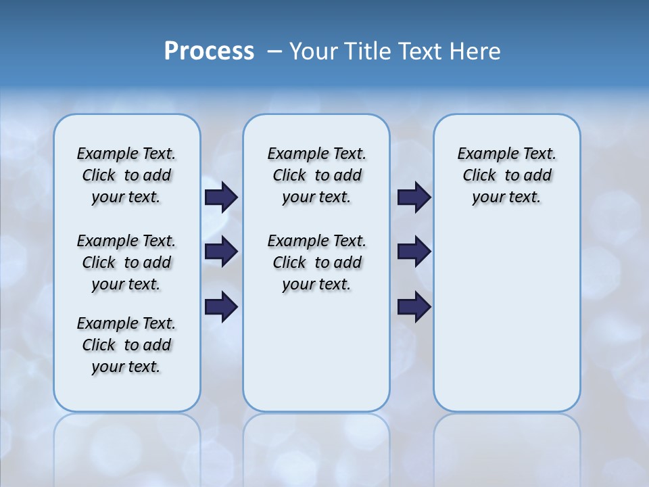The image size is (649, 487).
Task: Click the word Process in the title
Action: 209,51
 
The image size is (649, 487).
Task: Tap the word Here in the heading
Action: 475,51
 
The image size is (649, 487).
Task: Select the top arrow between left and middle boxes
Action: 221,197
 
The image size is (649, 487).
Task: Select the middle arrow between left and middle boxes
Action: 221,252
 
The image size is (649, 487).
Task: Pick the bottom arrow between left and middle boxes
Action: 221,306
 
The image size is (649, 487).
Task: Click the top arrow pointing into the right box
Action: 414,197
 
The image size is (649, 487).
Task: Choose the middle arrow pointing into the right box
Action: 414,252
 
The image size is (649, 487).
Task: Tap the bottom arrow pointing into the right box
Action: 414,306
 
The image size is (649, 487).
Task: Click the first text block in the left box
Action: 126,175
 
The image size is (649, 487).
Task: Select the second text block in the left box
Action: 126,262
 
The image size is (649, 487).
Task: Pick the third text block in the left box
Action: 126,345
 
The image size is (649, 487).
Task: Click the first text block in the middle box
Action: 316,175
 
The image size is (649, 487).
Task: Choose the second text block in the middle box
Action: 316,262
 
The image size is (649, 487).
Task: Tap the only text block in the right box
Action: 506,175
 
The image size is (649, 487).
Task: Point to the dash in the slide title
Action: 274,51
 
